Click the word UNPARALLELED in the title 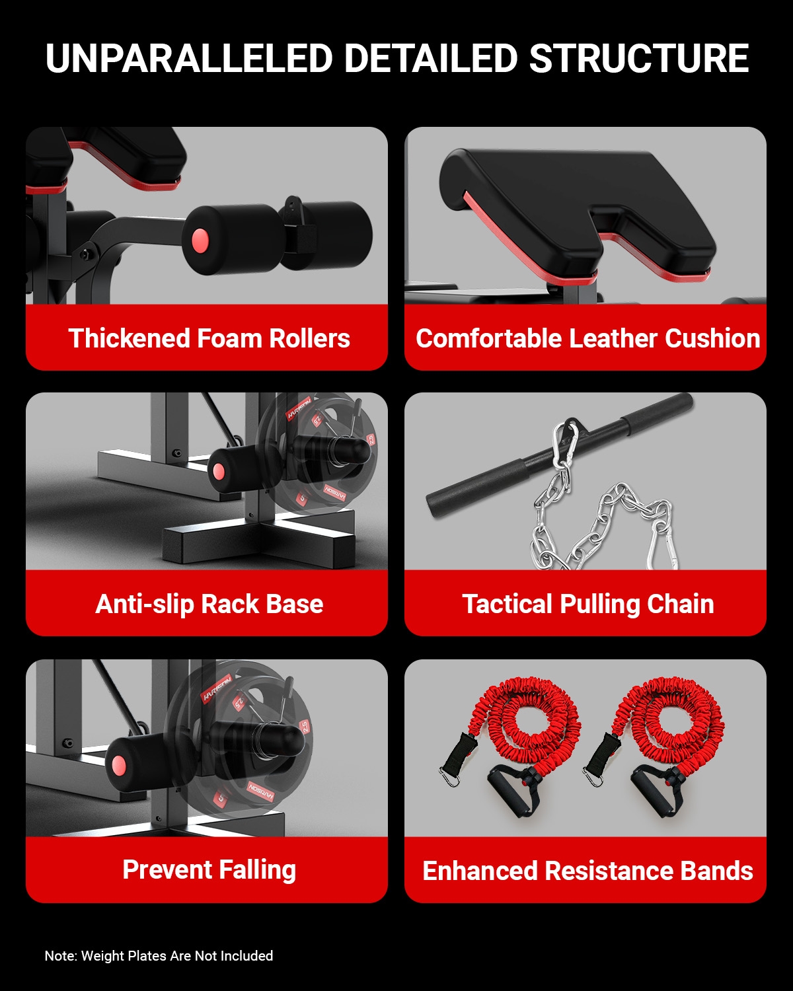[x=189, y=59]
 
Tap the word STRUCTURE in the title [x=638, y=59]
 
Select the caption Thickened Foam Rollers [x=209, y=338]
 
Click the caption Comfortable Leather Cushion [x=587, y=338]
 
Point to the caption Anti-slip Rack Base [x=209, y=604]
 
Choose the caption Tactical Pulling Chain [x=588, y=604]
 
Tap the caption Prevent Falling [x=209, y=870]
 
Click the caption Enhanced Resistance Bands [x=587, y=870]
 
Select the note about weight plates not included [x=159, y=955]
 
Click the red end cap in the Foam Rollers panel [x=200, y=240]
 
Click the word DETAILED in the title [x=431, y=59]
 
